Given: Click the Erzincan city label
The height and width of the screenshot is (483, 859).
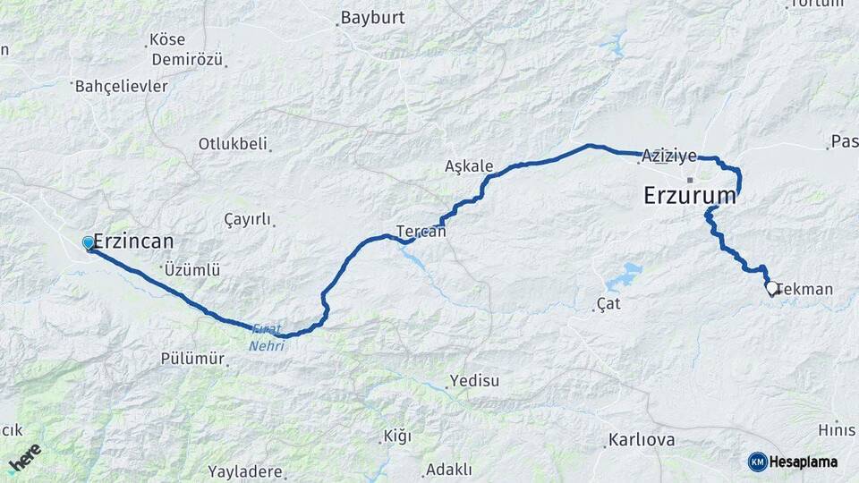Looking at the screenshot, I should pos(133,241).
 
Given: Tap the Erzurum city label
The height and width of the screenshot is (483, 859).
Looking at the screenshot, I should pos(690,196).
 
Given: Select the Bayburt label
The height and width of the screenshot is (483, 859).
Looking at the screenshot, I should pos(373,18).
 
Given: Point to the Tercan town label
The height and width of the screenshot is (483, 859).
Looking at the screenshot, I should pos(421,231).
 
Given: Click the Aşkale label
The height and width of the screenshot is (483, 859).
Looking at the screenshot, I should pos(469,166).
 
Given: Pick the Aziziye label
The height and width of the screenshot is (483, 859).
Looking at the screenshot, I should pos(669,156).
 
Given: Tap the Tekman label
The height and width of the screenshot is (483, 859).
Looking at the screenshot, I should pos(807,289).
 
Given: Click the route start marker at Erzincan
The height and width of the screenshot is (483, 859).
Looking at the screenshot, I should pos(88,243).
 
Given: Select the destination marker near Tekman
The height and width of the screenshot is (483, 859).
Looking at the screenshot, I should pos(770,289).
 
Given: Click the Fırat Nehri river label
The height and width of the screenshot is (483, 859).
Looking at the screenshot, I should pos(266,338).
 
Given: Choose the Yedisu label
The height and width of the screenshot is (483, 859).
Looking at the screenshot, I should pos(474,381).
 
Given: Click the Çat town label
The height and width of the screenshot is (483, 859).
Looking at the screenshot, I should pos(608,305).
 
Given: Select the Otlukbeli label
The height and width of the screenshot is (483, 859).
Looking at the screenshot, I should pos(234,144).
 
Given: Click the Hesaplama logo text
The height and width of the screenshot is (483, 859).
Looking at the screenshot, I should pos(804,462).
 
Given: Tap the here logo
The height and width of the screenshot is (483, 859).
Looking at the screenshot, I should pos(24,457).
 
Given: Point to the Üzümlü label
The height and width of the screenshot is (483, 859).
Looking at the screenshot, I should pos(191,269).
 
